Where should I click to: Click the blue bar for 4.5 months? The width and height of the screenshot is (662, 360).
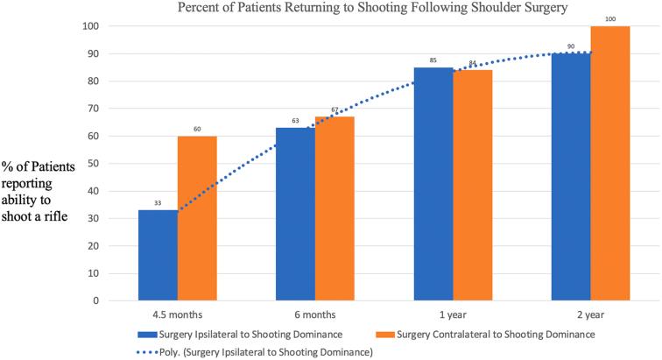pos(159,255)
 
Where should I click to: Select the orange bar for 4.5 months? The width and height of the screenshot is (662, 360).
pos(199,218)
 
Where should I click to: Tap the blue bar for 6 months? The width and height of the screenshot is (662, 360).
pos(295,214)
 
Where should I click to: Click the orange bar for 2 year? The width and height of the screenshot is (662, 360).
pos(609,163)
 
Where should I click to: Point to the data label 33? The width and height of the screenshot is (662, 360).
pos(159,203)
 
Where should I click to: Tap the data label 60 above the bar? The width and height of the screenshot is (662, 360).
pos(198,130)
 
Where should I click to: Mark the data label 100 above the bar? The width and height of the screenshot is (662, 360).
pos(610,18)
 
